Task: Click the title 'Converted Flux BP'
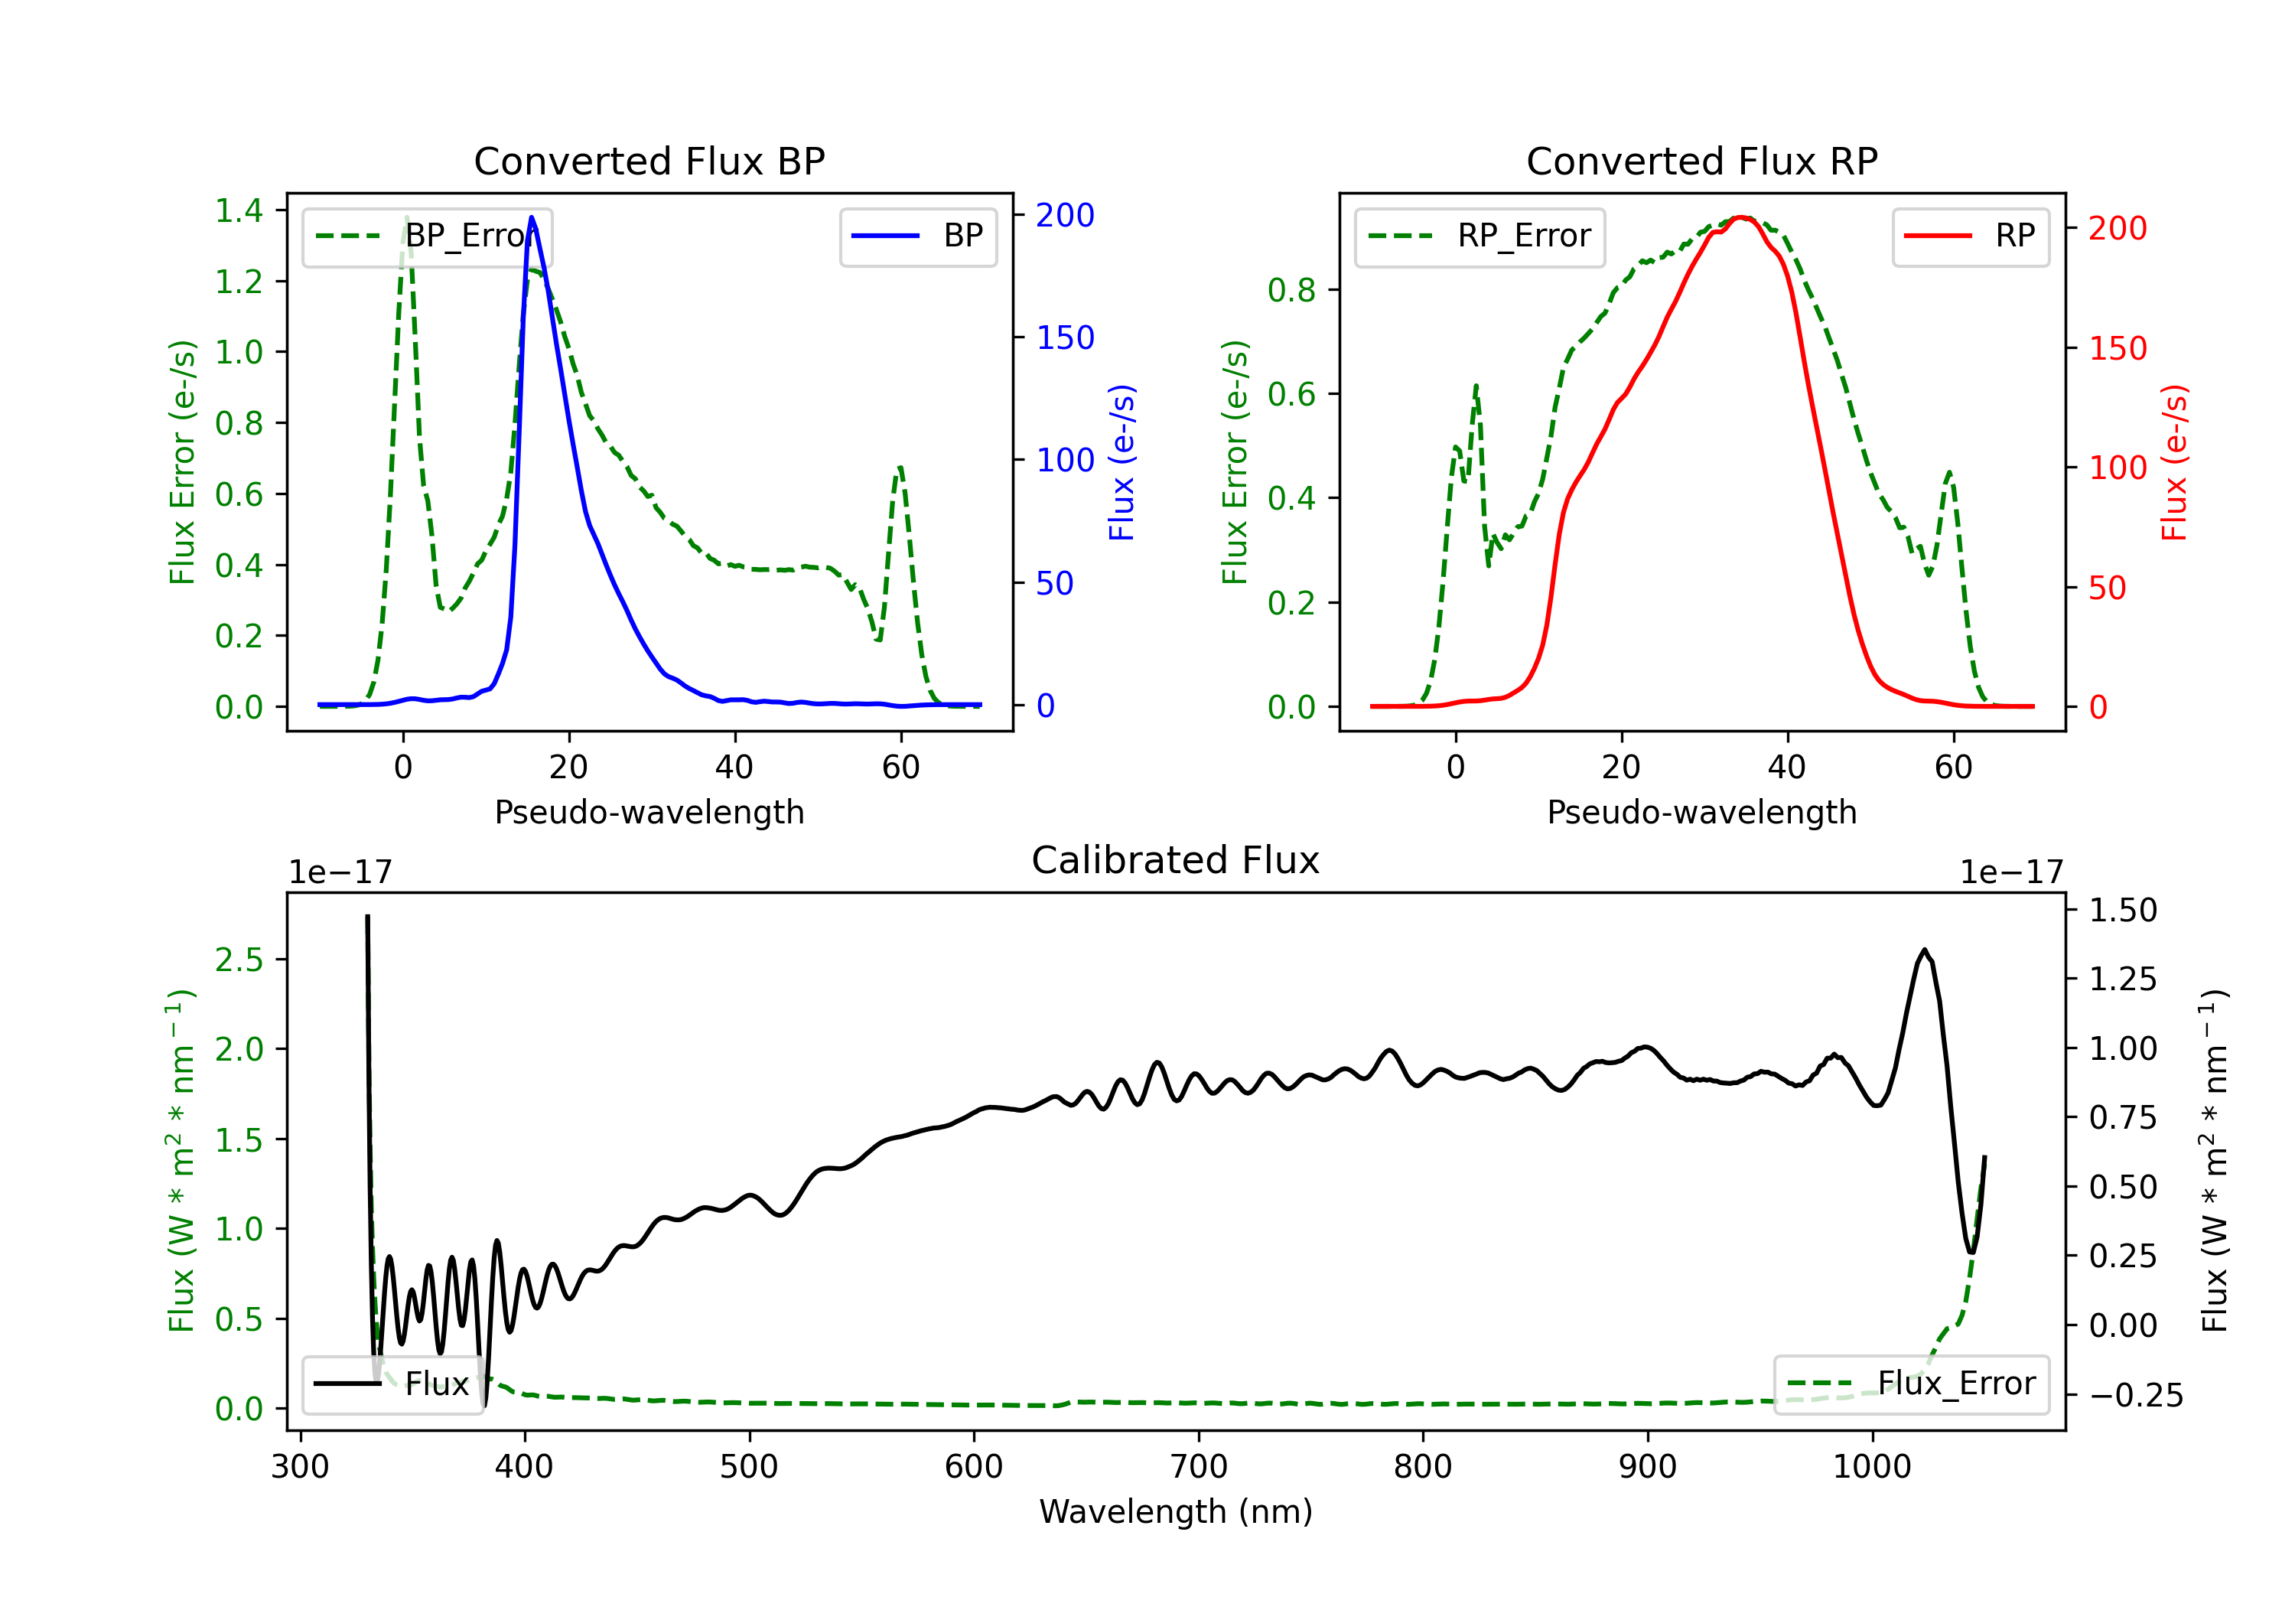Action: coord(649,161)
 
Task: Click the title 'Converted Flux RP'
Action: coord(1701,161)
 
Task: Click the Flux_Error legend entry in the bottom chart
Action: coord(1911,1384)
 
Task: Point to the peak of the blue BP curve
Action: coord(532,217)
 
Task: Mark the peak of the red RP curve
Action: coord(1740,217)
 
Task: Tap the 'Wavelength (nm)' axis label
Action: coord(1176,1511)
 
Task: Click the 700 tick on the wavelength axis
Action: coord(1199,1467)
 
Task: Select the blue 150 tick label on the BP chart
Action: coord(1065,338)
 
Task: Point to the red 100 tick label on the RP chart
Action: coord(2117,468)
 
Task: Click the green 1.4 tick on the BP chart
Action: coord(239,211)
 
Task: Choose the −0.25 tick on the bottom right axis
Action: coord(2136,1395)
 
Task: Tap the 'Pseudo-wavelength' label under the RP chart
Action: coord(1701,812)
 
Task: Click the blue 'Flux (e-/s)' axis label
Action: coord(1121,463)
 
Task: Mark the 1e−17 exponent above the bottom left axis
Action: coord(340,873)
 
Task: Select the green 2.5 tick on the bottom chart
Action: coord(239,960)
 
